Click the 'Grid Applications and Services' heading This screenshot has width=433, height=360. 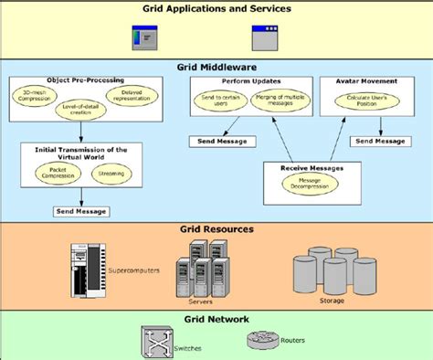(x=216, y=9)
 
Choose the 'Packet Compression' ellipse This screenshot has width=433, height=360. (x=57, y=172)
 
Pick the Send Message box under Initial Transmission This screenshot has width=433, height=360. (x=82, y=211)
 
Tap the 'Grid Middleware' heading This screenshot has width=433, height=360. (x=216, y=67)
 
